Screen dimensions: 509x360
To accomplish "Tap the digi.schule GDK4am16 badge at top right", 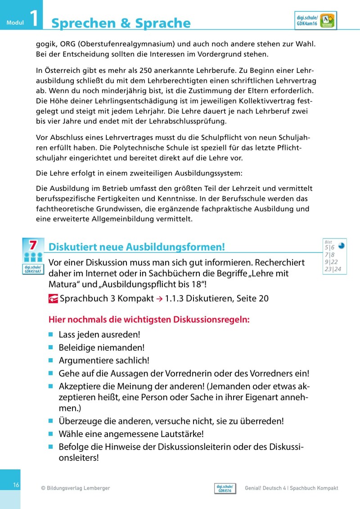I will pos(315,21).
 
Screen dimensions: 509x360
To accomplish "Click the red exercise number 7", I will pos(33,245).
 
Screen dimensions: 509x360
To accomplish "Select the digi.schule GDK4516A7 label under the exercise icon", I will pos(33,269).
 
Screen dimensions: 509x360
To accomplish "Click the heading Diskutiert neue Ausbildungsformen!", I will pos(136,247).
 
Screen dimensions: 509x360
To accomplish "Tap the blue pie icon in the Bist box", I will pos(341,246).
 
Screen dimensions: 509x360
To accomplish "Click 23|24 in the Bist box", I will pos(333,269).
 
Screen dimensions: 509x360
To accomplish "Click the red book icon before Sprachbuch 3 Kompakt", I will pos(53,298).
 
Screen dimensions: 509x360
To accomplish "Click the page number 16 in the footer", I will pos(16,485).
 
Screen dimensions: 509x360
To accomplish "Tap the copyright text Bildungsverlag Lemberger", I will pos(75,488).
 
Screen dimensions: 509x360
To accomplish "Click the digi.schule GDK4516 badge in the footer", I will pos(225,488).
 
